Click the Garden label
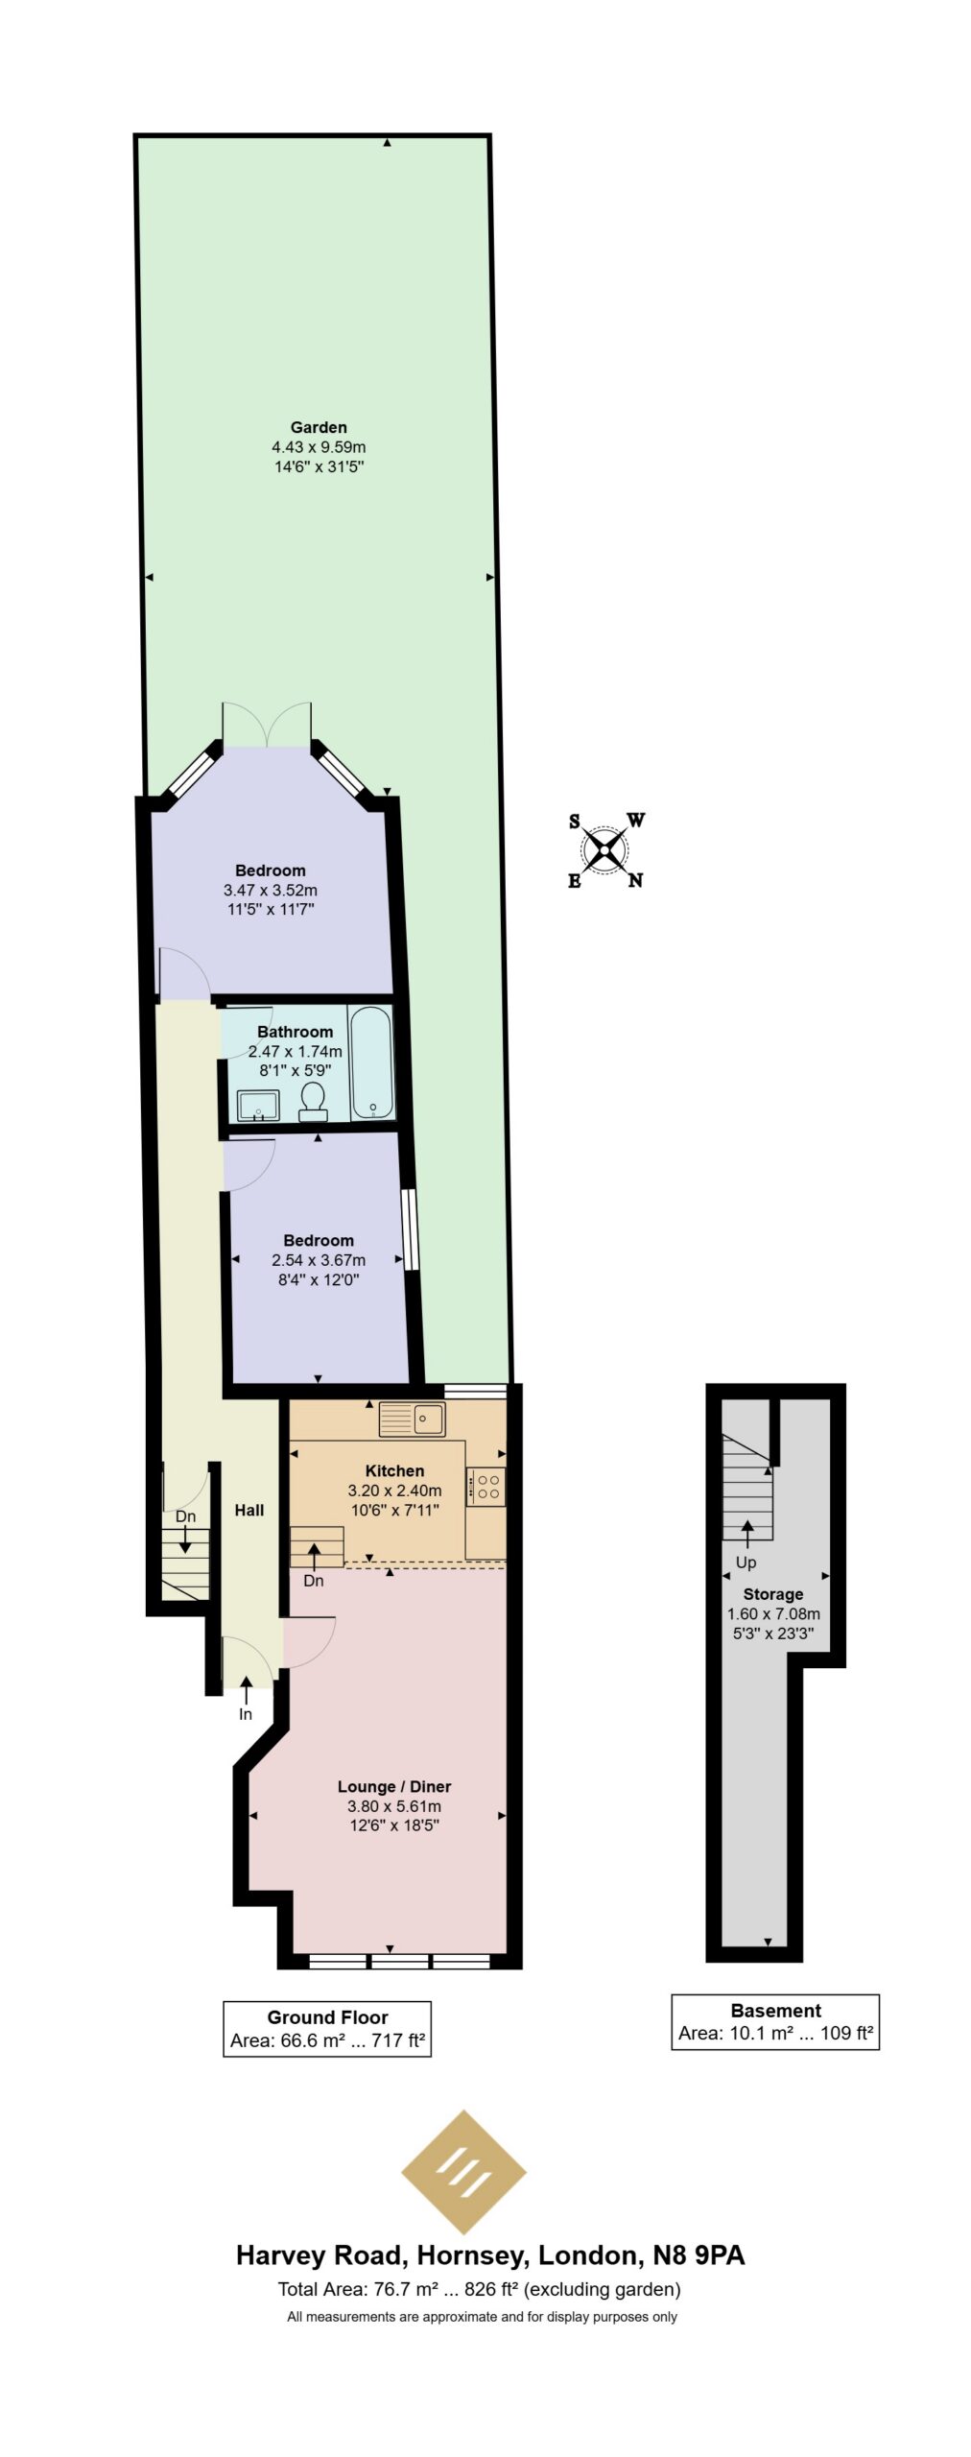319,427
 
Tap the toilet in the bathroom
313,1101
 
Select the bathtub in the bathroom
371,1062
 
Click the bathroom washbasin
258,1105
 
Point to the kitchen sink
412,1419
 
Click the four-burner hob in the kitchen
486,1486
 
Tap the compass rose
605,850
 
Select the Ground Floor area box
327,2028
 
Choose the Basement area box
775,2021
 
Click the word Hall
249,1510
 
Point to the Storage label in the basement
773,1594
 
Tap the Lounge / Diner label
394,1786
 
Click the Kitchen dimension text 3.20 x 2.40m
394,1491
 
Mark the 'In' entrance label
246,1714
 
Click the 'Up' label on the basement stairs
746,1562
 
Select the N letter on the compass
635,880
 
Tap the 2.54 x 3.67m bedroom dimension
319,1260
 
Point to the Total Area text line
479,2289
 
